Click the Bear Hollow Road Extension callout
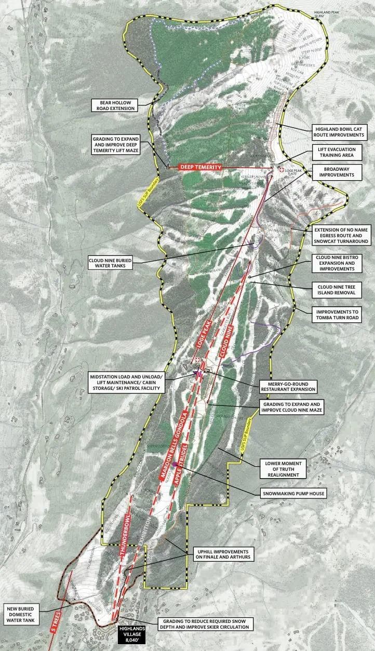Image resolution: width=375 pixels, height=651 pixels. pos(114,105)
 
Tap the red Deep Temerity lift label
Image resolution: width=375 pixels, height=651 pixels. pos(200,167)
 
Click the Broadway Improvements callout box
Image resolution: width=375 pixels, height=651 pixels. pos(335,172)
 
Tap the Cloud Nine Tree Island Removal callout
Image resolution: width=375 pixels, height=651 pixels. pos(340,289)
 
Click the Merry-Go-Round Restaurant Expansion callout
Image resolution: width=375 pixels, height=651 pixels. pos(289,385)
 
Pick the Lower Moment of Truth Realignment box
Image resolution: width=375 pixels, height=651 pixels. pos(283,468)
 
